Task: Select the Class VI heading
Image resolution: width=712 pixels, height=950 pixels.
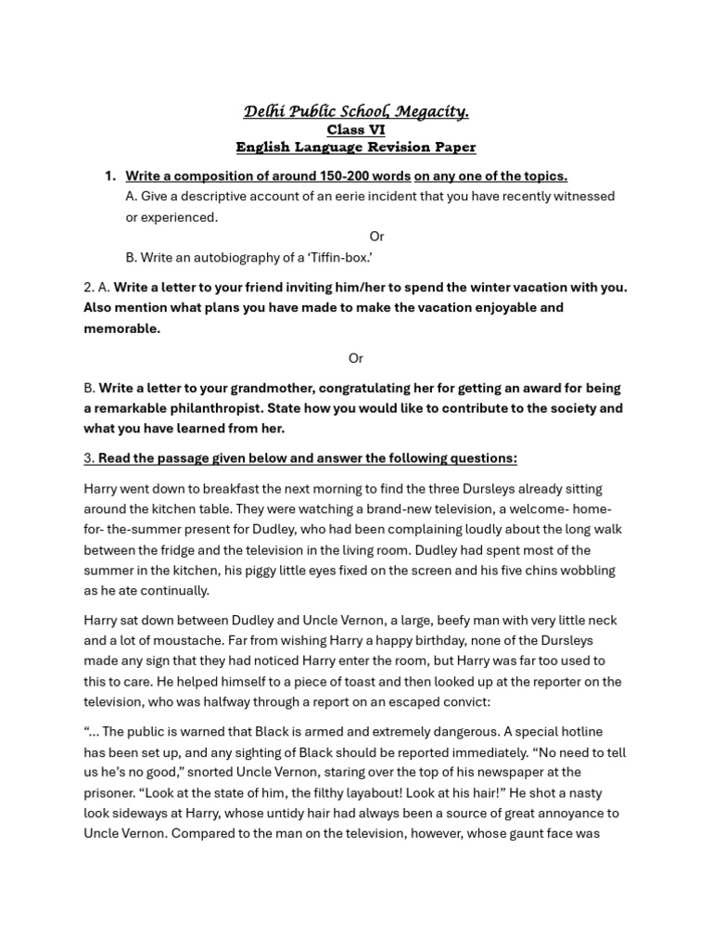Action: tap(356, 130)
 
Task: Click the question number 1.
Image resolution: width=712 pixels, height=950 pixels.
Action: tap(109, 176)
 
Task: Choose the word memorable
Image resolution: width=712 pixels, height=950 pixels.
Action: tap(121, 328)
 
